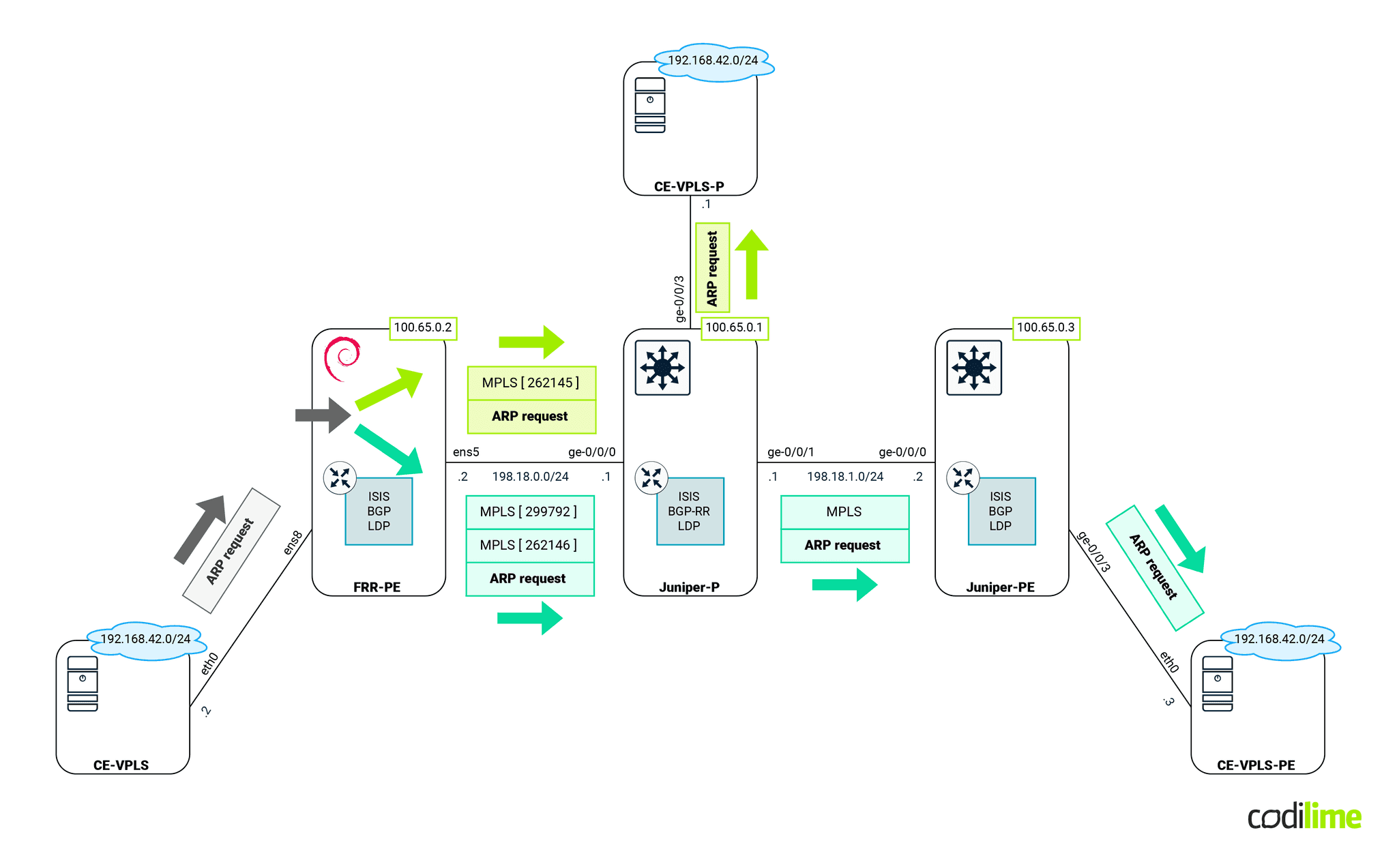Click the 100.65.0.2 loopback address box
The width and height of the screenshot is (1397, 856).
422,327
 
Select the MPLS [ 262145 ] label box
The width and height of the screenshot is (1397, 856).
531,383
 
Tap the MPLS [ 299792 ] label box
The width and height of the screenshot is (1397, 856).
529,512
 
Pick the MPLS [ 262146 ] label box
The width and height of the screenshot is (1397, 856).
529,545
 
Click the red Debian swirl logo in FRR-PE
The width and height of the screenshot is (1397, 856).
342,357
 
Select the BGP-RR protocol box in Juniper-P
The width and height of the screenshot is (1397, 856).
689,512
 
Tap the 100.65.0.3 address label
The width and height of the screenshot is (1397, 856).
1045,327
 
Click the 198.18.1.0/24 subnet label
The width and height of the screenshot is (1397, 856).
844,476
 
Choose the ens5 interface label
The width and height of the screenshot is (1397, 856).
466,452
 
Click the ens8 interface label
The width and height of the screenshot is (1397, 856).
293,542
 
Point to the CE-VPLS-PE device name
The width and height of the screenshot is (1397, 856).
1255,765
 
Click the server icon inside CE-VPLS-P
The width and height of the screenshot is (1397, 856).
649,104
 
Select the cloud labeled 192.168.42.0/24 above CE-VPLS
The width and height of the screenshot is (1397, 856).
145,640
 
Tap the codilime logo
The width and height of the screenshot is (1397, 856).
1304,816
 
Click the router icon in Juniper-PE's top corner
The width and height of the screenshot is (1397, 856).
973,368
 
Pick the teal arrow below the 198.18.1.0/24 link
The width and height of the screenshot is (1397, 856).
844,585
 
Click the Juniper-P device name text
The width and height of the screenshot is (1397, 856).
689,587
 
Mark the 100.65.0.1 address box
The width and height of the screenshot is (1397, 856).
734,327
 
